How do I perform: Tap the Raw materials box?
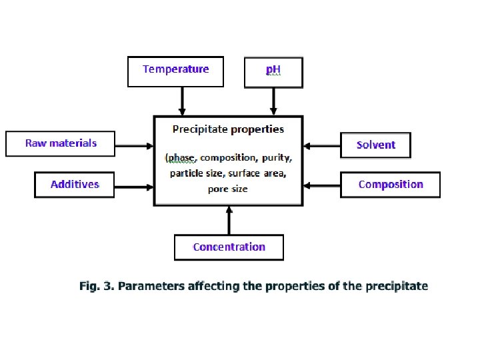(61, 143)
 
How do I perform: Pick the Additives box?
(75, 185)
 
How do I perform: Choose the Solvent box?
(375, 145)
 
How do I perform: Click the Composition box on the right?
(390, 185)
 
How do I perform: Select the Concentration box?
(229, 247)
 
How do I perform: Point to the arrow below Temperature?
(182, 101)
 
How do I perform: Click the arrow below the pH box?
(273, 101)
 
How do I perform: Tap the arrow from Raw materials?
(134, 144)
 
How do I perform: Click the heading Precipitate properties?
(228, 129)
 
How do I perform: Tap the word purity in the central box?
(276, 158)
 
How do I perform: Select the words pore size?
(227, 189)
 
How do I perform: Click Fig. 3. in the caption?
(97, 286)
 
